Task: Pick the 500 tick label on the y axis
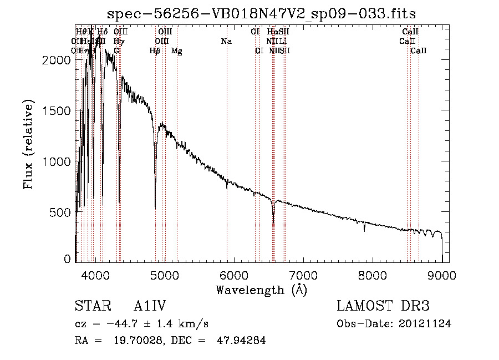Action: click(62, 212)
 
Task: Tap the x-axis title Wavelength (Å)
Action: click(261, 290)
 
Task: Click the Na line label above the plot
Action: click(226, 41)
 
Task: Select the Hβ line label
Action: click(155, 50)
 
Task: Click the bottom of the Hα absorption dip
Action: click(273, 223)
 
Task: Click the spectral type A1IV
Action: click(150, 307)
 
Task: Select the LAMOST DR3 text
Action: click(383, 307)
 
